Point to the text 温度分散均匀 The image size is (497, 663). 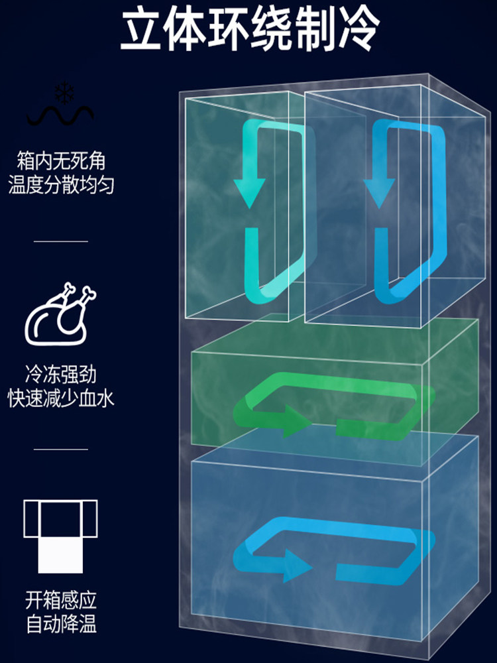pyautogui.click(x=61, y=185)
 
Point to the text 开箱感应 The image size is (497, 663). pyautogui.click(x=61, y=601)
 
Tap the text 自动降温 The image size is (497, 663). pyautogui.click(x=61, y=625)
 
